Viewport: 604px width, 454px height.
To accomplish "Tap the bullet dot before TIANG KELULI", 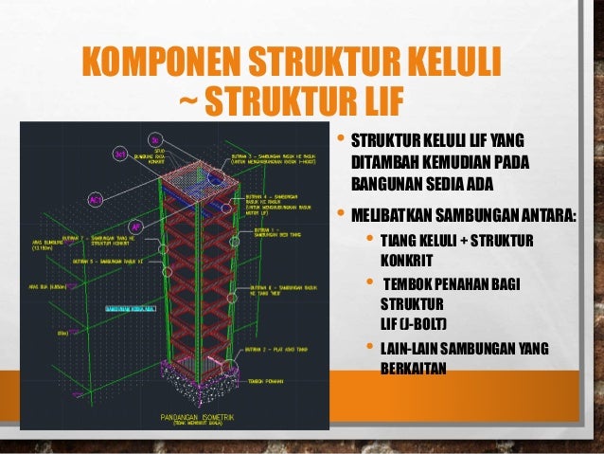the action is tap(370, 238).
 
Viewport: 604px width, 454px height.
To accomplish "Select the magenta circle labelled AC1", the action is tap(96, 200).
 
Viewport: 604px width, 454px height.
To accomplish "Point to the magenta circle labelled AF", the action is tap(136, 227).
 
